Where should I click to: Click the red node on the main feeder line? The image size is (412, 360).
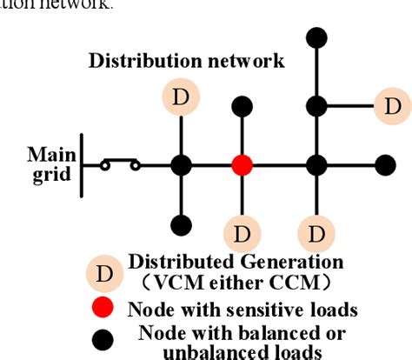click(243, 164)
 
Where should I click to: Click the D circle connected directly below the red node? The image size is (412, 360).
click(243, 235)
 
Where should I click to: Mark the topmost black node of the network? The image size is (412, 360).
click(317, 37)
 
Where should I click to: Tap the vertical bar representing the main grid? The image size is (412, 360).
click(82, 164)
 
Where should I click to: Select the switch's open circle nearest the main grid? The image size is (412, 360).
click(104, 164)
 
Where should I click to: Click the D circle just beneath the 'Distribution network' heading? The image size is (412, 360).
click(181, 98)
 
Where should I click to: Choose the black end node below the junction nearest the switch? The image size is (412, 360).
click(181, 224)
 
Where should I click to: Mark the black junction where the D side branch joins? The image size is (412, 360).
click(317, 107)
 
